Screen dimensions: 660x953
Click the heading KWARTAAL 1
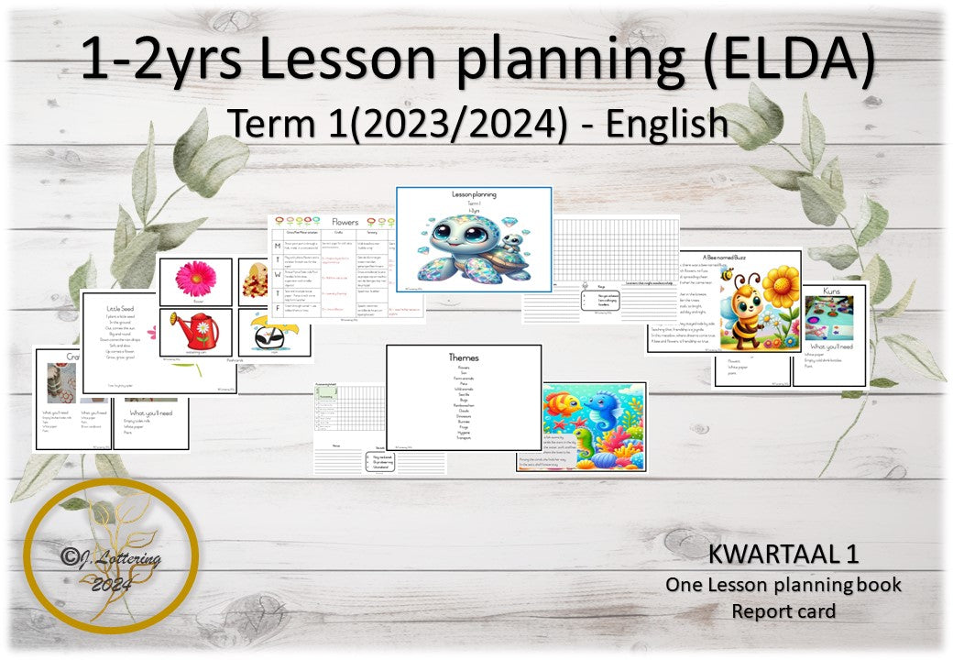click(783, 554)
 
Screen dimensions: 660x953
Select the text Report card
click(783, 610)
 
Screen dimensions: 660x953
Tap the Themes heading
click(463, 357)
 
